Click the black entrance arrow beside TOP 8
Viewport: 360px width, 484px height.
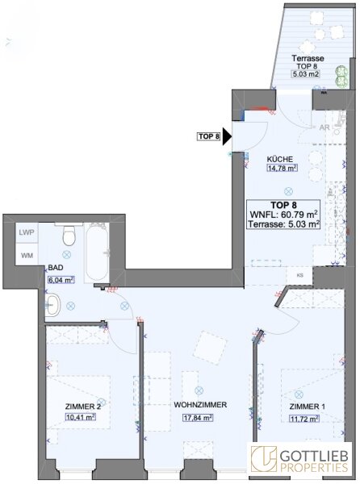(227, 137)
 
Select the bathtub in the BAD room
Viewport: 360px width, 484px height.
(97, 252)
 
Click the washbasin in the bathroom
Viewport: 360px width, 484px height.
(53, 305)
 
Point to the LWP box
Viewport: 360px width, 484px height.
(27, 232)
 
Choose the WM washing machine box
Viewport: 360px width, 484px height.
(27, 255)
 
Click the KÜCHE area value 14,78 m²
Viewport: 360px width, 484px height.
(282, 169)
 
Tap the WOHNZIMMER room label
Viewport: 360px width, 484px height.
(200, 404)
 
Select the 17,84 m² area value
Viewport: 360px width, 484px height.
(199, 418)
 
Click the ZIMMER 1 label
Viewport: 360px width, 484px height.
(308, 407)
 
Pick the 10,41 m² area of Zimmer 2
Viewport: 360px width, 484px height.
(80, 417)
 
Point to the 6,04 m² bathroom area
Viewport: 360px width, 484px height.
(61, 280)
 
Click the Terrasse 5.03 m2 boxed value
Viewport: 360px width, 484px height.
(305, 74)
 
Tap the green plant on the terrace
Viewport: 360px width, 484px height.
(341, 77)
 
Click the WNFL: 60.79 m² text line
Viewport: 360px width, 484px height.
(284, 215)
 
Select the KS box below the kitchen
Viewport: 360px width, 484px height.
(299, 274)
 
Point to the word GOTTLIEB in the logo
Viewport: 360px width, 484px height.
(314, 456)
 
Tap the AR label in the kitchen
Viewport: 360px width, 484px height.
(324, 127)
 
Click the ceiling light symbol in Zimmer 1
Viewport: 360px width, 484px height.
(299, 394)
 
